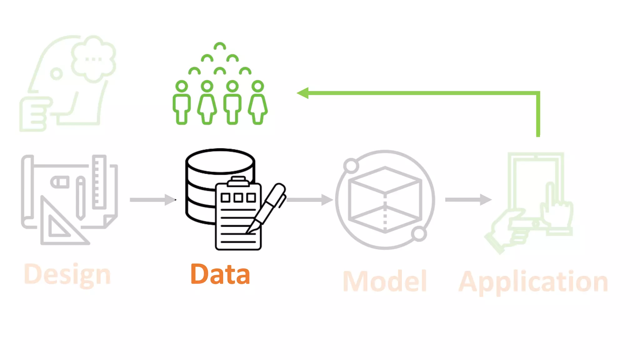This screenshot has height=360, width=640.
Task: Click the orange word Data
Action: pyautogui.click(x=220, y=274)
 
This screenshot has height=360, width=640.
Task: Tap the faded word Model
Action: pyautogui.click(x=385, y=282)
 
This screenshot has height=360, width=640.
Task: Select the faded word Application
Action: pyautogui.click(x=533, y=282)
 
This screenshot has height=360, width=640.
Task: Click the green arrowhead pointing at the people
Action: pyautogui.click(x=303, y=93)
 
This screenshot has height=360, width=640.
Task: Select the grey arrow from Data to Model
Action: pyautogui.click(x=309, y=200)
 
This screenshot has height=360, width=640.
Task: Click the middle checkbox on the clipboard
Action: pyautogui.click(x=238, y=197)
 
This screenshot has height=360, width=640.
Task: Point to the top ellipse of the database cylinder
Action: pyautogui.click(x=220, y=161)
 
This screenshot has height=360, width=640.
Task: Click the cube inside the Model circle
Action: pyautogui.click(x=385, y=200)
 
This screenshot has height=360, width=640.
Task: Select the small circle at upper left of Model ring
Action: pyautogui.click(x=351, y=166)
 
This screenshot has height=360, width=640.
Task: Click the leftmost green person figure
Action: pyautogui.click(x=182, y=103)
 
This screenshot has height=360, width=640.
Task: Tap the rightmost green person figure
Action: pyautogui.click(x=258, y=103)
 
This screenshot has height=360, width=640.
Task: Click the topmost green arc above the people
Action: pyautogui.click(x=220, y=47)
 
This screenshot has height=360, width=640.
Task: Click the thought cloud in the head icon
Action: pyautogui.click(x=93, y=58)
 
